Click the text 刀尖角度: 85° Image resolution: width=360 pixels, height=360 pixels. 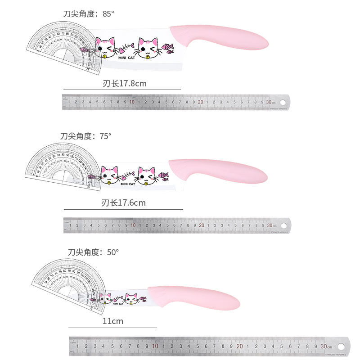[x=89, y=14]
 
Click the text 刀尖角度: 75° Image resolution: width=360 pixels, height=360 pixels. [x=85, y=136]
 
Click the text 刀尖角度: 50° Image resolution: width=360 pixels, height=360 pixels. [x=93, y=252]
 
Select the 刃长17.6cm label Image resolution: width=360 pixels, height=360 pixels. [x=124, y=203]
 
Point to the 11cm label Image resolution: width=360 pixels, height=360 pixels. [x=112, y=321]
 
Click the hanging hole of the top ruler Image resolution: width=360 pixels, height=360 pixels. [x=283, y=102]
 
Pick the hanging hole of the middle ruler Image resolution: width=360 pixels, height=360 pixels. [x=284, y=225]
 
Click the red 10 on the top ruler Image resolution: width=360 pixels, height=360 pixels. [x=132, y=102]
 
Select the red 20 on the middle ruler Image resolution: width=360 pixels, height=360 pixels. [x=201, y=225]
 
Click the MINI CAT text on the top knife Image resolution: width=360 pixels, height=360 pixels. [x=126, y=58]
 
